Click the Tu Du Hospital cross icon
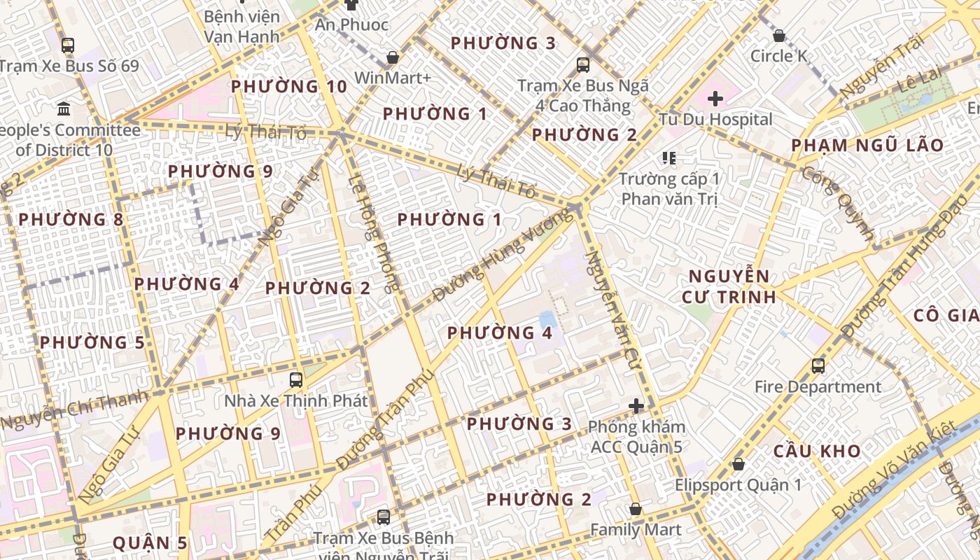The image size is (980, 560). click(x=715, y=99)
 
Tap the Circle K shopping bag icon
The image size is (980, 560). click(x=778, y=35)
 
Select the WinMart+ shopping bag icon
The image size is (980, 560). click(x=393, y=57)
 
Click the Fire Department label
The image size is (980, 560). click(x=818, y=386)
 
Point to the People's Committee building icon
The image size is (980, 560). click(x=64, y=108)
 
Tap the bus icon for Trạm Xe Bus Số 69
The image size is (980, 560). click(x=67, y=45)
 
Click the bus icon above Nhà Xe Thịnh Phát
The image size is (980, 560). click(x=296, y=380)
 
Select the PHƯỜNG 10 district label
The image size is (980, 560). click(x=289, y=87)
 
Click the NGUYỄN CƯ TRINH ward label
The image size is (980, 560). click(x=729, y=286)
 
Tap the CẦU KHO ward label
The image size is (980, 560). click(x=817, y=451)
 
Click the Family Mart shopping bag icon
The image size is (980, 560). click(x=636, y=509)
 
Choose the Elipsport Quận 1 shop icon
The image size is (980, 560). click(x=738, y=464)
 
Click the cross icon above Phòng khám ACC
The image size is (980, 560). click(x=636, y=406)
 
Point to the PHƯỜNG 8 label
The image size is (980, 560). click(x=71, y=220)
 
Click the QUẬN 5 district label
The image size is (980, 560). click(x=150, y=543)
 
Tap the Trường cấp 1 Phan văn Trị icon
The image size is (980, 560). click(x=669, y=158)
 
